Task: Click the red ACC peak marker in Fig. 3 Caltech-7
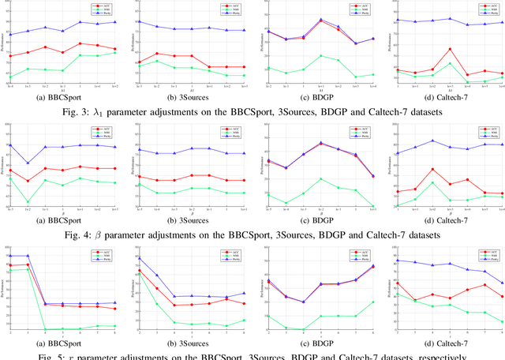coord(450,50)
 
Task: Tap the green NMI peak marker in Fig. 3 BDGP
coord(320,56)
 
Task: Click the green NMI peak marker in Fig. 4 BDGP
coord(320,178)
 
